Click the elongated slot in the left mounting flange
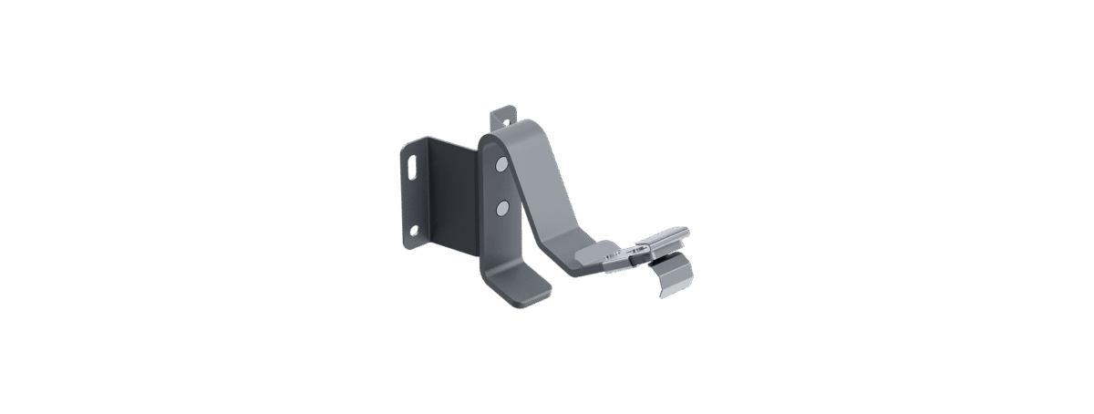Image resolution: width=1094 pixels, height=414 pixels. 413,169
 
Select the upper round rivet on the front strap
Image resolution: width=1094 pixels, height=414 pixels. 501,165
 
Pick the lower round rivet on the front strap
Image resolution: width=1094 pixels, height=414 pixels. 501,209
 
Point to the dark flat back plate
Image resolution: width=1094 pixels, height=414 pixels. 447,196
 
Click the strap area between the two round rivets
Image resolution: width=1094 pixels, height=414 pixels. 501,187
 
